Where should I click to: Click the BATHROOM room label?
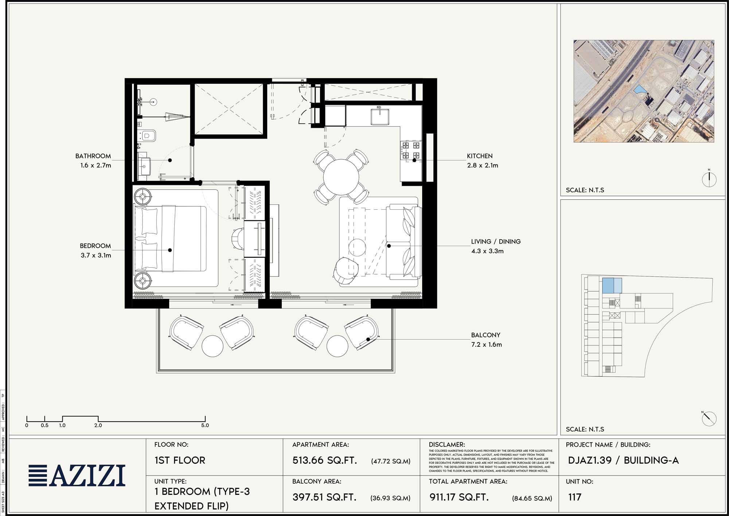point(93,156)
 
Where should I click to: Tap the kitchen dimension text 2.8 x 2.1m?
point(482,166)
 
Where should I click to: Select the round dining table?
point(341,177)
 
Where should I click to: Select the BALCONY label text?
point(486,335)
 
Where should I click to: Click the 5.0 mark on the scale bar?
point(205,425)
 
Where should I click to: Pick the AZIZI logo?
point(77,476)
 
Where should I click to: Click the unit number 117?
point(574,497)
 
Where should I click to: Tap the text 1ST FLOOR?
point(180,461)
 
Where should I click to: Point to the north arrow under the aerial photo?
point(709,179)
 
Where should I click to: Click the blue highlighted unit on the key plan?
point(611,286)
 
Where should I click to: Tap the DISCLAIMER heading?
point(447,445)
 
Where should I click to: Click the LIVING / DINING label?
point(495,242)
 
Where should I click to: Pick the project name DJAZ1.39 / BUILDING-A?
point(623,461)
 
